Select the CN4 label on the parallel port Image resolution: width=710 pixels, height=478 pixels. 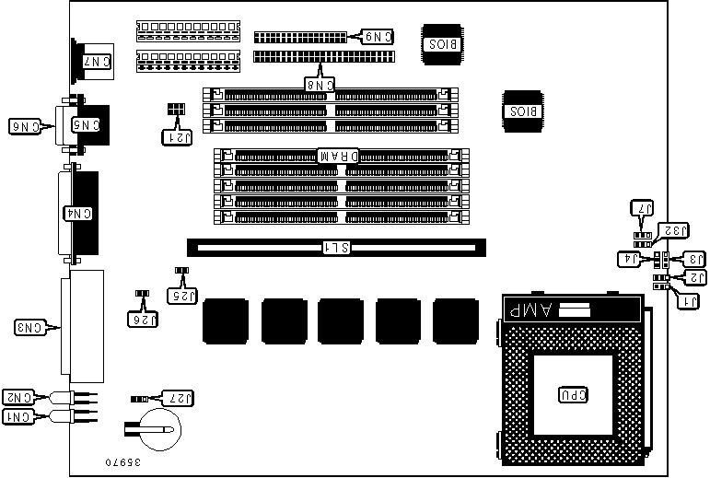click(81, 213)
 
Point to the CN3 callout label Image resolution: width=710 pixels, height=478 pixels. click(31, 326)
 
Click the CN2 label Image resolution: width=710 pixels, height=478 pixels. click(19, 397)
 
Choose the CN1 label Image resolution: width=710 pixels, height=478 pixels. click(19, 416)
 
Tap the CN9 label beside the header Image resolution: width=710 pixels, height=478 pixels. click(378, 38)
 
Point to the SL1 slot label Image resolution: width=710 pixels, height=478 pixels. click(335, 247)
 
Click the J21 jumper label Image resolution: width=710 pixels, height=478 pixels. click(176, 136)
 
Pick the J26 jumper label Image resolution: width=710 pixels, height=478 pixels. click(142, 319)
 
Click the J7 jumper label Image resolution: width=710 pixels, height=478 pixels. click(642, 208)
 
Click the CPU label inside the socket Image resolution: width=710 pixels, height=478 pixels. click(572, 394)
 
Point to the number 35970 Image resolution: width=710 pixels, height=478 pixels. click(124, 460)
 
